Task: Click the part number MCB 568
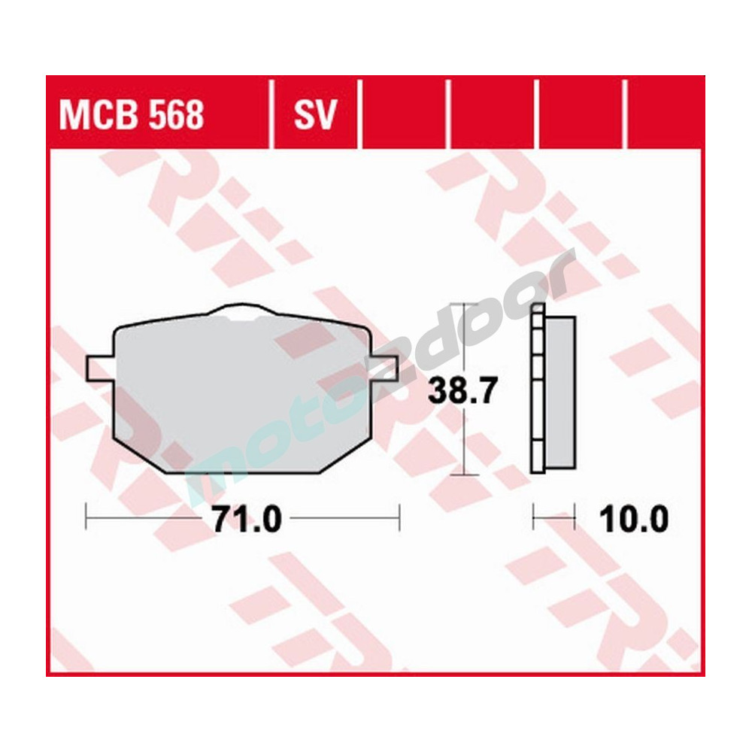[x=132, y=116]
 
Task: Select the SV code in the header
[x=314, y=116]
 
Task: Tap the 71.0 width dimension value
[x=246, y=518]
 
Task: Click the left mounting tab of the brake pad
[x=100, y=368]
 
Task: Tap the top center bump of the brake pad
[x=243, y=311]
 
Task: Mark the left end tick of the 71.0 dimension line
[x=88, y=517]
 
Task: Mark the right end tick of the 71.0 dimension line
[x=399, y=517]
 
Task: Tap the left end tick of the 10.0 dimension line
[x=533, y=517]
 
